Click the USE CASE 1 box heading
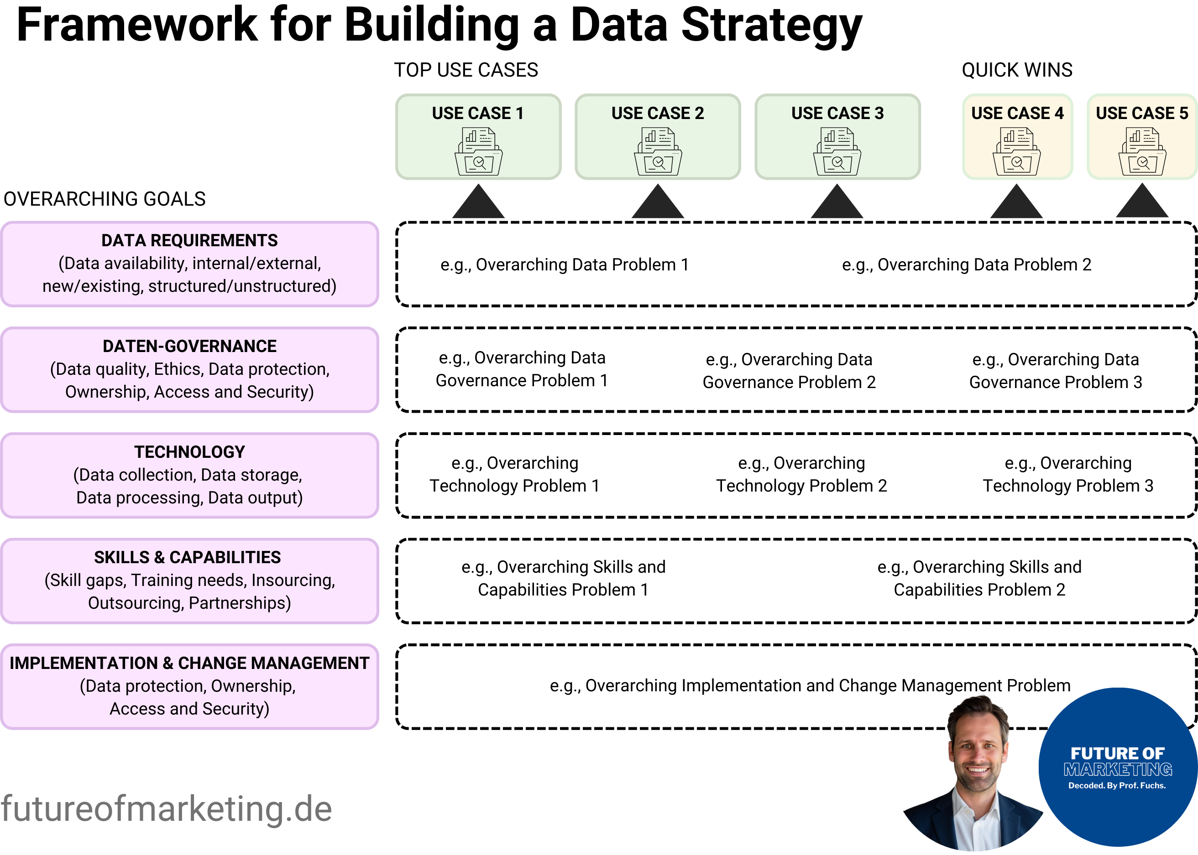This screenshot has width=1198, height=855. pos(477,113)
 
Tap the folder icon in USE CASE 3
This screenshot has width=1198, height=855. pos(837,152)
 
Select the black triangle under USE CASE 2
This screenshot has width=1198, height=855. pos(658,203)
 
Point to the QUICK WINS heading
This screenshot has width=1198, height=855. pos(1017,70)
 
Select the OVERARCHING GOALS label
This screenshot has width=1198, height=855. pos(105,199)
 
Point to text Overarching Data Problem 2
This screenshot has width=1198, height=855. pos(966,264)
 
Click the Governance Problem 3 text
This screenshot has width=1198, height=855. pos(1055,382)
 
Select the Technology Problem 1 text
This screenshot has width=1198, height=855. pos(514,486)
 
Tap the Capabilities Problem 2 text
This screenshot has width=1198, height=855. pos(979,590)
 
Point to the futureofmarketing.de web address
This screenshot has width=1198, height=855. pos(167,809)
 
